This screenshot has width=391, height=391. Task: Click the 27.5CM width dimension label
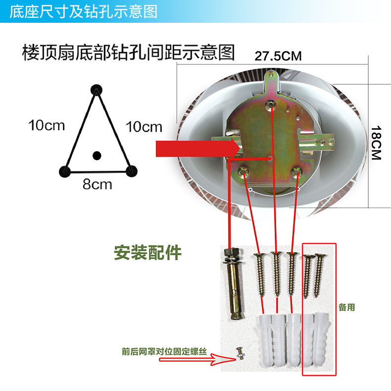(x=278, y=56)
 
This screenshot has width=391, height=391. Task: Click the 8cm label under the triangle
(x=97, y=185)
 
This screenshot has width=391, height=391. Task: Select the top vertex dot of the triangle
(x=96, y=89)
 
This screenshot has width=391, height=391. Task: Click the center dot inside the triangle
(x=97, y=155)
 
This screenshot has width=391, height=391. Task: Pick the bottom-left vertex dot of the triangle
(x=64, y=171)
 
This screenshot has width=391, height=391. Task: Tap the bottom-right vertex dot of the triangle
(x=131, y=171)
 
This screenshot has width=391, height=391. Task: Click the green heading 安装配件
(x=147, y=253)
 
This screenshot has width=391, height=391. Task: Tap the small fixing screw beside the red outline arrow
(x=240, y=353)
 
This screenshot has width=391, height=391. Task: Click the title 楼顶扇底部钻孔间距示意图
(x=128, y=53)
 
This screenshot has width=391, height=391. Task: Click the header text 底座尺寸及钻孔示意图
(x=83, y=11)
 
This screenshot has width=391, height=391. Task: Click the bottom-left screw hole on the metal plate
(x=243, y=171)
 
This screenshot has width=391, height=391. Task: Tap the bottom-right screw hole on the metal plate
(x=297, y=171)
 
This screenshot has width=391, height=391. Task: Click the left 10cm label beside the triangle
(x=47, y=125)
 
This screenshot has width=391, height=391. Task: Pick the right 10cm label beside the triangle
(x=144, y=127)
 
